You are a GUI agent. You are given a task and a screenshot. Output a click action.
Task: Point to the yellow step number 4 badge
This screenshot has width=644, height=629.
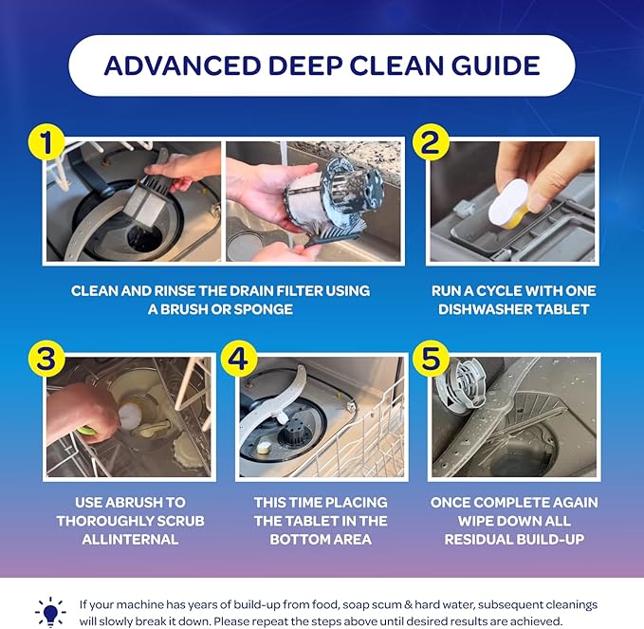pos(237,360)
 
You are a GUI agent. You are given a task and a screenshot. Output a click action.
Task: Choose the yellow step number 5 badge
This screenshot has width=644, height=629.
pos(431,360)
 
